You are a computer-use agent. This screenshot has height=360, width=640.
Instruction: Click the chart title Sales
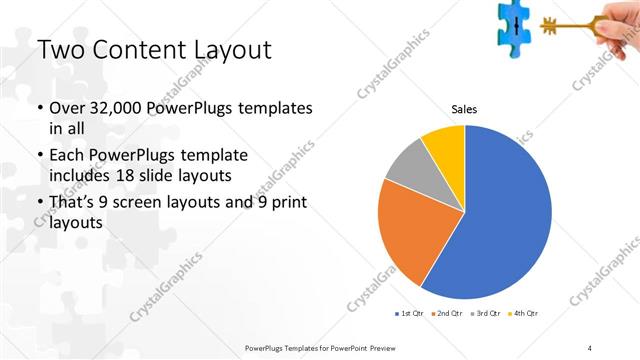tap(464, 109)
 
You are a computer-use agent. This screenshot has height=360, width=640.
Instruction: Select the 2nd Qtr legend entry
tap(446, 315)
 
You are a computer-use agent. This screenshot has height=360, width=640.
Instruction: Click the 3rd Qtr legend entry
tap(484, 315)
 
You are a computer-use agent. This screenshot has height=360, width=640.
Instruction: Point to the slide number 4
tap(590, 347)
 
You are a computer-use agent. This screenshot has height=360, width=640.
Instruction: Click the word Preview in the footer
tap(381, 347)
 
